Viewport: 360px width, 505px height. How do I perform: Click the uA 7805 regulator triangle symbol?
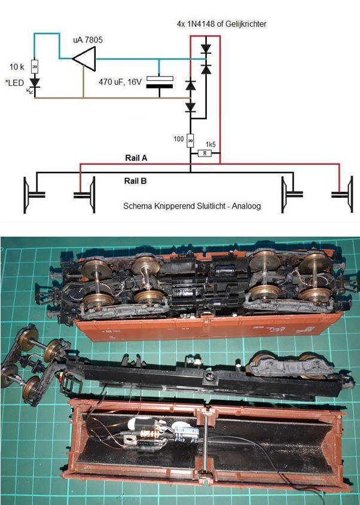(83, 59)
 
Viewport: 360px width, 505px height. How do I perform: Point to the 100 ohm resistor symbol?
(190, 140)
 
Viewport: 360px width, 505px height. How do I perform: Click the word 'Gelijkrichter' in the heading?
(244, 24)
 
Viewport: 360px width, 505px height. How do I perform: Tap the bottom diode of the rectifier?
(191, 108)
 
